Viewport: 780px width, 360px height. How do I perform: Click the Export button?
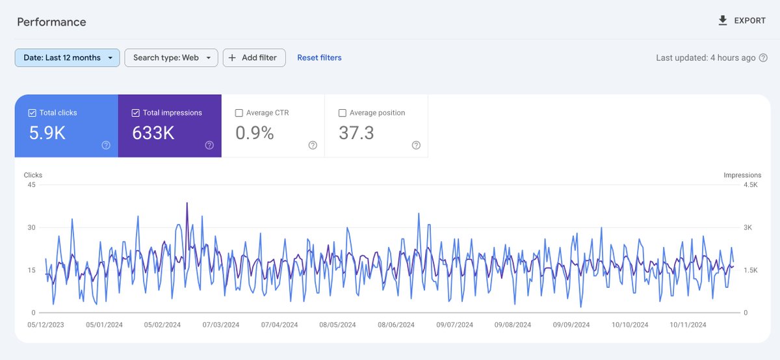tap(742, 21)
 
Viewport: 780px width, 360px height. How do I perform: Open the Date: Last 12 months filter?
tap(67, 58)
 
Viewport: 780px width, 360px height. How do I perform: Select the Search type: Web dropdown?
tap(171, 58)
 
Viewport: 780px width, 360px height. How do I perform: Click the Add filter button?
tap(253, 58)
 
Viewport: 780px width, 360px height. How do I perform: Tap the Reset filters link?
tap(319, 58)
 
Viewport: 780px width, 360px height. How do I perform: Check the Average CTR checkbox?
tap(239, 113)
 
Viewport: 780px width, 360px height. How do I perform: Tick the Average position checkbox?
tap(343, 113)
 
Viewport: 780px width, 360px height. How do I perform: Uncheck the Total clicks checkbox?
tap(32, 113)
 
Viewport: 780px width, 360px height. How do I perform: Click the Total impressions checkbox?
tap(136, 113)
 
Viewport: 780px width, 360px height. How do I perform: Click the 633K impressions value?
tap(153, 133)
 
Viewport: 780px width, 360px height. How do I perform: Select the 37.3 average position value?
tap(356, 133)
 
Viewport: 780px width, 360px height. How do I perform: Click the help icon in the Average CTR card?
tap(313, 146)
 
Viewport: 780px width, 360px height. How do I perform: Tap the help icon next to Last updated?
tap(763, 58)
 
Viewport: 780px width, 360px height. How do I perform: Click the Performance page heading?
tap(51, 22)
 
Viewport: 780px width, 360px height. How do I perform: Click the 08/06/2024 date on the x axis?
tap(396, 324)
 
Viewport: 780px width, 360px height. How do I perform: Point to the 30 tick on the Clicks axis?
tap(31, 227)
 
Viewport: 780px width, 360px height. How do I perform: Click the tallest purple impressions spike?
tap(187, 203)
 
